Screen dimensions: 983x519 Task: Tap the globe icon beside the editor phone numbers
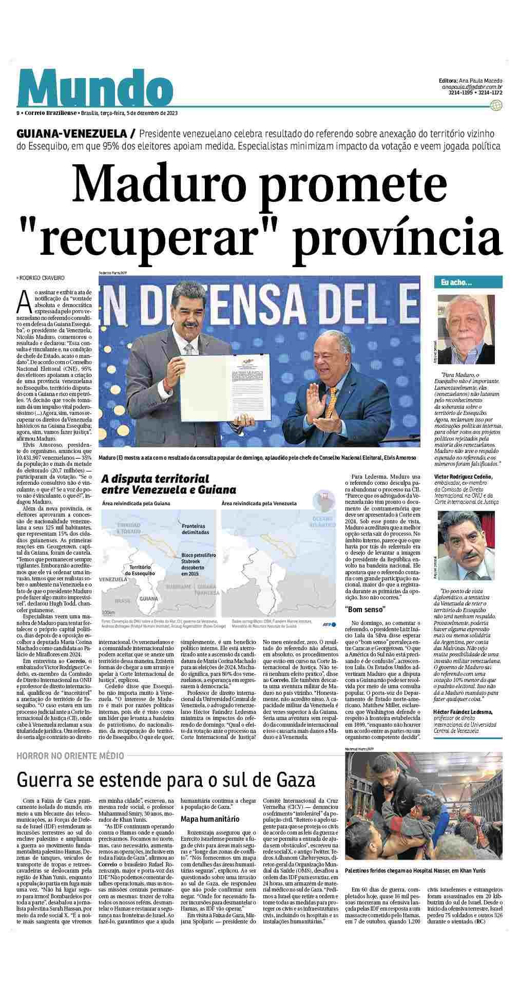click(x=495, y=106)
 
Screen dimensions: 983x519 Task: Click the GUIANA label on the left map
click(x=149, y=598)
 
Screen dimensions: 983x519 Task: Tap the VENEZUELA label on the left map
click(x=113, y=578)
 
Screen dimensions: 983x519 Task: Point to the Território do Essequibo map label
click(x=135, y=569)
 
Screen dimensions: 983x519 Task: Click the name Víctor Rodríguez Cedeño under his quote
click(x=463, y=477)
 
